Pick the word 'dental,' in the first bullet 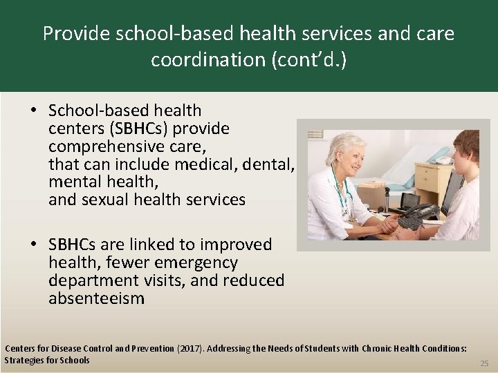270,164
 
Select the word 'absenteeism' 96,298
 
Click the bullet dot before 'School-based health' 33,111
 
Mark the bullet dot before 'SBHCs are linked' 33,245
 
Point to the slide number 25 483,363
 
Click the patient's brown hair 468,141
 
